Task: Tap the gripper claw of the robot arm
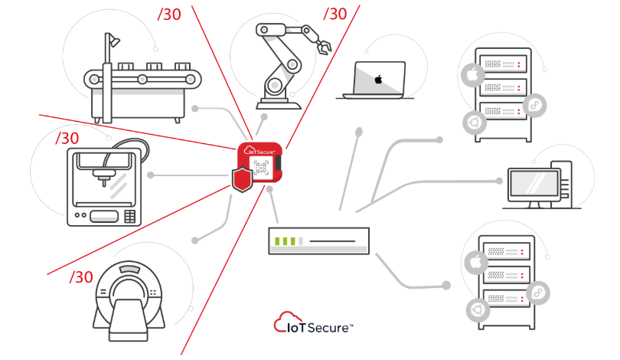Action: [x=322, y=46]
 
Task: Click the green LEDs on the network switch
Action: [x=286, y=241]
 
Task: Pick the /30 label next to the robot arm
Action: [x=335, y=14]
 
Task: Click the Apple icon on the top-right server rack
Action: [x=471, y=75]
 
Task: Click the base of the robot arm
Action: [x=278, y=98]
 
